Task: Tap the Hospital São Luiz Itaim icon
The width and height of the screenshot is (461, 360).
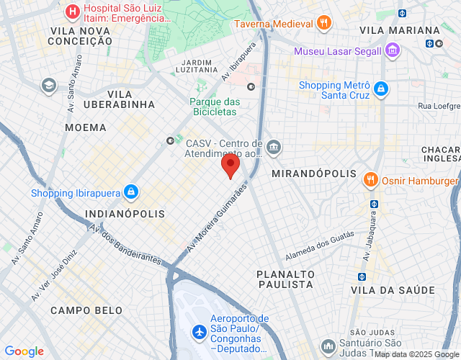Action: pos(72,12)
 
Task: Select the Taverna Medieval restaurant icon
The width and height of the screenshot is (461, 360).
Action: pos(324,22)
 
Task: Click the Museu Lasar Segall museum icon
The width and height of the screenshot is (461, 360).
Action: pos(392,50)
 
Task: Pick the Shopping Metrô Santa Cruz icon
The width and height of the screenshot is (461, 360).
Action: pos(380,89)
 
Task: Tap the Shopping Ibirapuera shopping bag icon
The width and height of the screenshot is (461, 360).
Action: pos(130,192)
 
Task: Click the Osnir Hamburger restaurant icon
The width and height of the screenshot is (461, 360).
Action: pos(371,179)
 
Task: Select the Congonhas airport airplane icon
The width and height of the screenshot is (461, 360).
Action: pos(199,333)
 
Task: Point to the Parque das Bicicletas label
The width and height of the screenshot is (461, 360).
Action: pos(214,107)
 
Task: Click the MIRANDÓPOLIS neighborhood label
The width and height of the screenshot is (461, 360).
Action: pos(314,174)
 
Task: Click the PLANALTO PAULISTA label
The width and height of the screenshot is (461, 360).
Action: pos(285,279)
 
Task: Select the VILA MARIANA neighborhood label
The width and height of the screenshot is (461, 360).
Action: pos(399,30)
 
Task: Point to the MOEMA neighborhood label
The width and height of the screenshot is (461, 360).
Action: pos(85,127)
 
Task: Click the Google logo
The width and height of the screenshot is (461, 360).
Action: pos(24,351)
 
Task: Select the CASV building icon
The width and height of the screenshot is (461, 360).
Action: pos(274,148)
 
